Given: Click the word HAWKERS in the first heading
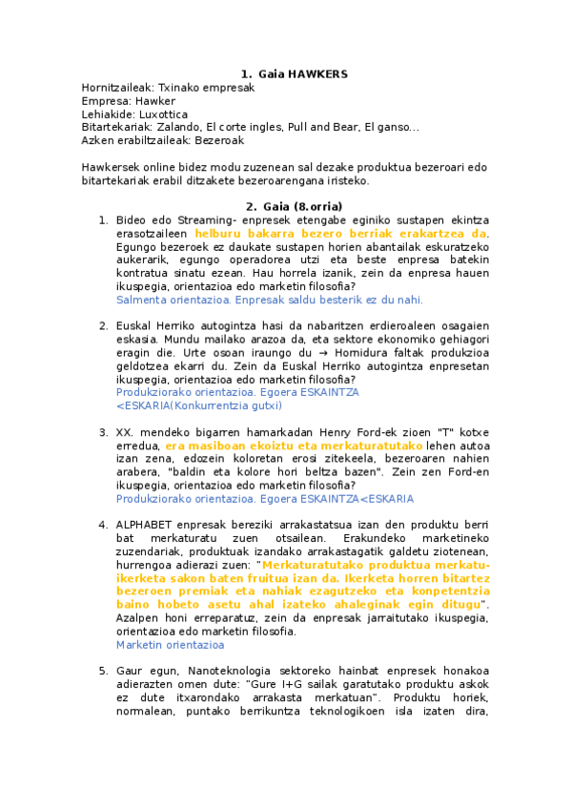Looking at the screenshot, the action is (x=316, y=73).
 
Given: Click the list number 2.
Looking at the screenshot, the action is (x=103, y=326).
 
